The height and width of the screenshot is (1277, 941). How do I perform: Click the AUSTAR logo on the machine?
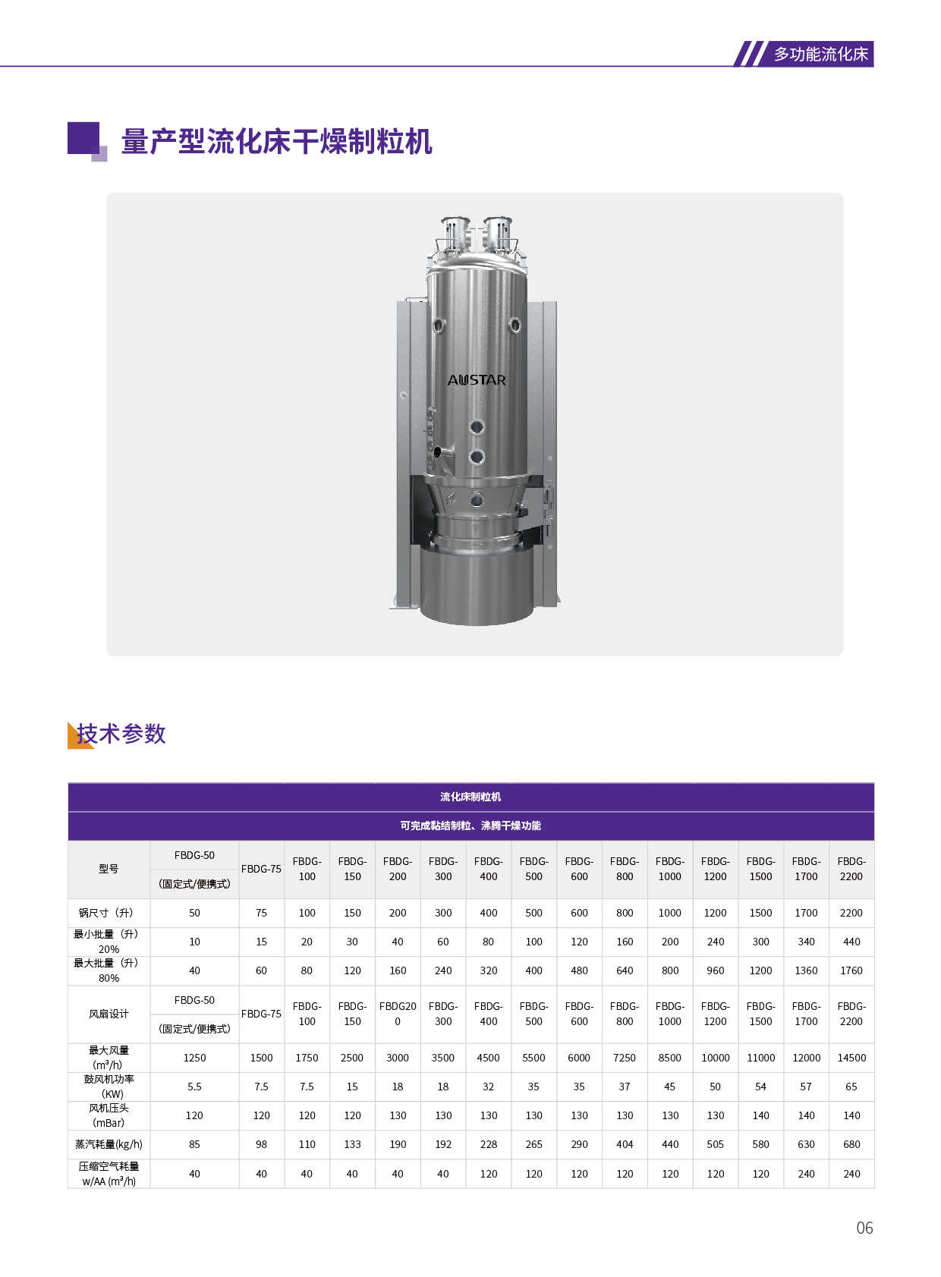[x=477, y=380]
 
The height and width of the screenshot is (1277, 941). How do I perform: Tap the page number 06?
[x=864, y=1228]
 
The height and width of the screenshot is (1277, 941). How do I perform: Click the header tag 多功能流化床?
[x=820, y=54]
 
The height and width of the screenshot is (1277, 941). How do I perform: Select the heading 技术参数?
[x=121, y=734]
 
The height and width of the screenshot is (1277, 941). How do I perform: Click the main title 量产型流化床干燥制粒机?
[x=276, y=141]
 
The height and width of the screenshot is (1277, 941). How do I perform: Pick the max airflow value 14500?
[x=851, y=1058]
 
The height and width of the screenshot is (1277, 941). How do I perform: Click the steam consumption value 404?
[x=625, y=1144]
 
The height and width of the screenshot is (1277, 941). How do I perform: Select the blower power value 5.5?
[x=194, y=1087]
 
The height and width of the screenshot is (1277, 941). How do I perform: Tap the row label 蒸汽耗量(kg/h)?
[x=109, y=1144]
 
